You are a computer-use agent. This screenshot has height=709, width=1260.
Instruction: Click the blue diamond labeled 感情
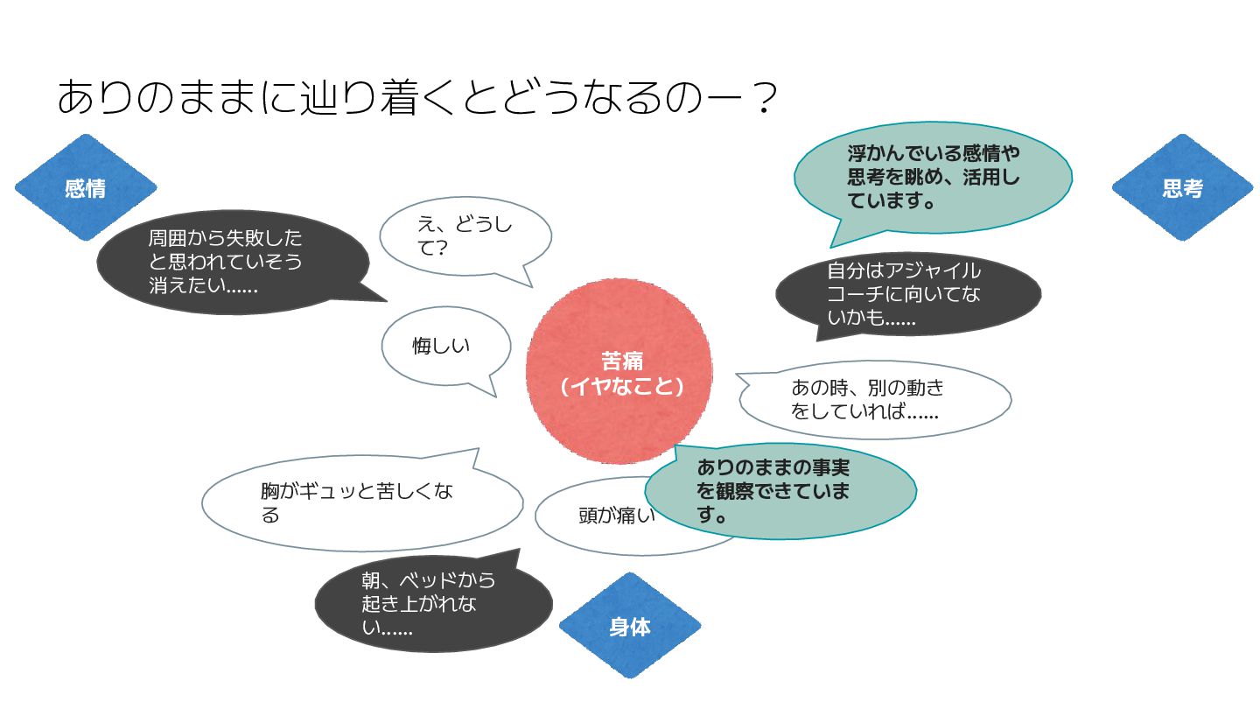point(86,187)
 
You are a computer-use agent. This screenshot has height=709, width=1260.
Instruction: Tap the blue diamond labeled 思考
point(1182,187)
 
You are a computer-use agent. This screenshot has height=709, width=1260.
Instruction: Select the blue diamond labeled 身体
point(630,626)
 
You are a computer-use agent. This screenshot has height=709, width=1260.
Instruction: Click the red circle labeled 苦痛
point(619,371)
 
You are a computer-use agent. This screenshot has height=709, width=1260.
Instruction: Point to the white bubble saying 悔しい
point(444,346)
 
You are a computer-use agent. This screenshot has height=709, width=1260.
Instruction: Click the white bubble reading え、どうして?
point(465,236)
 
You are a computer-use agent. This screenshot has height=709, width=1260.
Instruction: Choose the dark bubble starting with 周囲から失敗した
point(234,263)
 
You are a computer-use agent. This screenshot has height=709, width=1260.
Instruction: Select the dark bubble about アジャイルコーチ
point(908,294)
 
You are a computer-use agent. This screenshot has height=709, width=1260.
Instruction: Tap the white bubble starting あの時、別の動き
point(875,399)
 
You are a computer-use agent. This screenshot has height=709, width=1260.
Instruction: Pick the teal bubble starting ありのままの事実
point(780,491)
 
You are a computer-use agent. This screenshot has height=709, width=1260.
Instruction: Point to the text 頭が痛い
point(617,515)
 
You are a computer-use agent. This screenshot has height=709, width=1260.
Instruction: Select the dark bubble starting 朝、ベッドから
point(433,603)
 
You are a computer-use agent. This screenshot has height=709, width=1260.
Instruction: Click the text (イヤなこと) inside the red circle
point(621,386)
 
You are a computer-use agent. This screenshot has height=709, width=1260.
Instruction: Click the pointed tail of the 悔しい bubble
point(495,397)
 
